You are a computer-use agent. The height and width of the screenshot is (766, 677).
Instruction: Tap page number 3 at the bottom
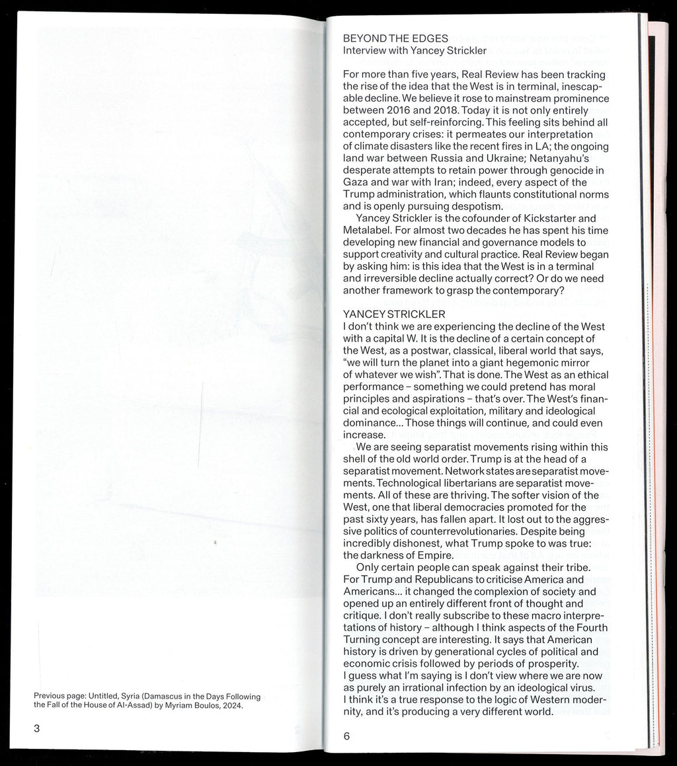point(38,729)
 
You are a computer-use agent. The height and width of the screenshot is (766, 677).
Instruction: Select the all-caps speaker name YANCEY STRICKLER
point(395,314)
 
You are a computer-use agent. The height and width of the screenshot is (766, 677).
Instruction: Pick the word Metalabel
point(368,231)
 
